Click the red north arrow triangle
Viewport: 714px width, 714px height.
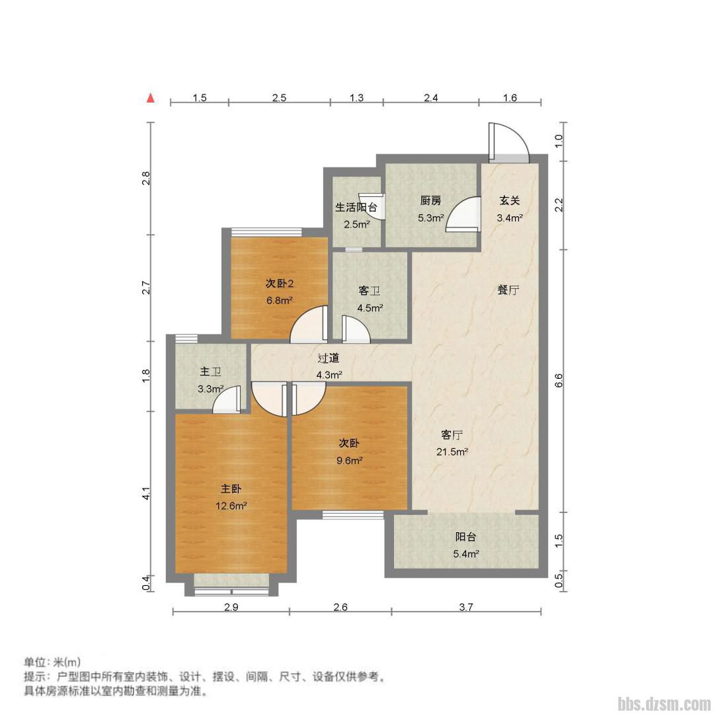click(x=151, y=97)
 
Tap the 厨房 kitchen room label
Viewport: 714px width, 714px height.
click(x=430, y=200)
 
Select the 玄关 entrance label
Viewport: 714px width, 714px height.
click(x=510, y=200)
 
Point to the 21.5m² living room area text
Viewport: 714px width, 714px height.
click(x=453, y=452)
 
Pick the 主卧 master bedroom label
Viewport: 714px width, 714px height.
click(x=231, y=489)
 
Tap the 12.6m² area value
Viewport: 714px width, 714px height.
click(x=231, y=506)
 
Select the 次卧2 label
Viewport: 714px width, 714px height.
click(x=280, y=284)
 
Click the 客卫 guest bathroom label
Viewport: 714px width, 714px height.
click(x=370, y=290)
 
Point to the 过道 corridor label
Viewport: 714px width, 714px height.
click(x=329, y=358)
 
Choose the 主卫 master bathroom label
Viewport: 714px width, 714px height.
click(x=210, y=372)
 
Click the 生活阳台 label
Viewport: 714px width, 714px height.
click(x=356, y=208)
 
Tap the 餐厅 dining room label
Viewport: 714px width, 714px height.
click(x=508, y=290)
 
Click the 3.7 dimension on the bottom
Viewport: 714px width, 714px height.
click(x=466, y=606)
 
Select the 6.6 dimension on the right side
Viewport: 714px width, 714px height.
click(x=559, y=380)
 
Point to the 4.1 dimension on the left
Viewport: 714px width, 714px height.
click(x=145, y=494)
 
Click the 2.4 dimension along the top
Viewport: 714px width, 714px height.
click(x=431, y=97)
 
